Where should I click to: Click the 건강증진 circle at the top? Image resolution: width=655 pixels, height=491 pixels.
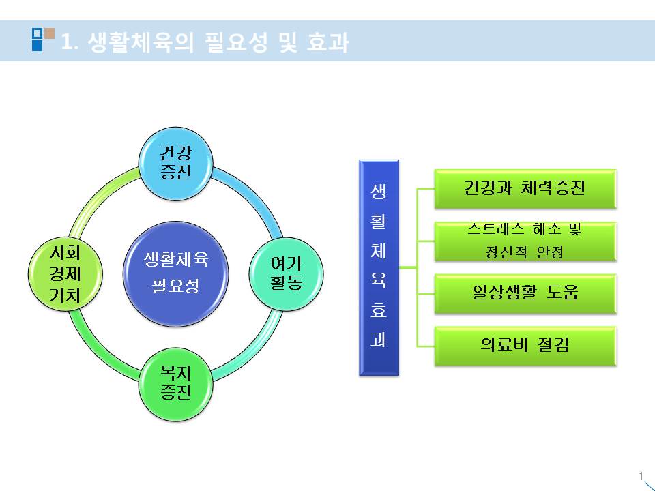[175, 164]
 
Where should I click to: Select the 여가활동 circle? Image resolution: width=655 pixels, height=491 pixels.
[286, 273]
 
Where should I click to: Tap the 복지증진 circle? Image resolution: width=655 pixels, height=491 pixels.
[175, 383]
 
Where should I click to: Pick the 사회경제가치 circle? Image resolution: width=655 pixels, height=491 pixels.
[65, 273]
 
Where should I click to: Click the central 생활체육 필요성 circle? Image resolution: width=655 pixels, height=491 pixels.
[175, 272]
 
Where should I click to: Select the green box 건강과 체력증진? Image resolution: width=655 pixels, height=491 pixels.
[525, 188]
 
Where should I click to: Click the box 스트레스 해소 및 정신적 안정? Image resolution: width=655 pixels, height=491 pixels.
[525, 241]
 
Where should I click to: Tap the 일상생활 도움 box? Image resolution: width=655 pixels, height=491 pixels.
[525, 293]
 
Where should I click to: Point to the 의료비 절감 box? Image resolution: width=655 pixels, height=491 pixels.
[525, 345]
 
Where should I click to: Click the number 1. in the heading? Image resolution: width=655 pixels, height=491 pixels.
[71, 43]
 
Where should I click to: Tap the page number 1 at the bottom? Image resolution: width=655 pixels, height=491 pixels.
[641, 475]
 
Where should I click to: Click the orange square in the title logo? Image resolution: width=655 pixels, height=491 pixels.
[49, 32]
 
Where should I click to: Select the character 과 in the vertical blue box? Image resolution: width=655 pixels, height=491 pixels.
[379, 340]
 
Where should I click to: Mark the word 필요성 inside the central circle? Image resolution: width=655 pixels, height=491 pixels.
[175, 286]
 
